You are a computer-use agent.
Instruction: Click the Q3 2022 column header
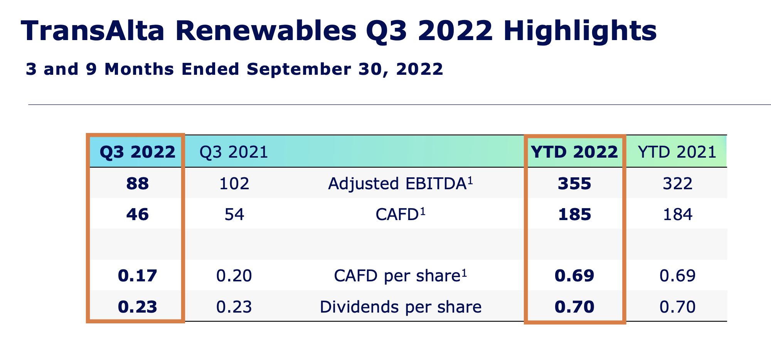(x=137, y=152)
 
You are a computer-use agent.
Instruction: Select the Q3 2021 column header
(x=234, y=152)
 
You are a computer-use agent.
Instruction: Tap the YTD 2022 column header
(x=574, y=152)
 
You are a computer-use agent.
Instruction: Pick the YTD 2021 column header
(x=677, y=152)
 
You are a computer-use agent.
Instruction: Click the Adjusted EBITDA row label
(x=400, y=183)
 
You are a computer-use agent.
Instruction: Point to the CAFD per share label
(x=400, y=276)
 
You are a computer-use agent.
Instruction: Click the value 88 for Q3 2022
(x=137, y=183)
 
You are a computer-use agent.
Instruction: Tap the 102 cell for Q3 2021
(x=234, y=183)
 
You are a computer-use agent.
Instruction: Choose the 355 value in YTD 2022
(x=574, y=183)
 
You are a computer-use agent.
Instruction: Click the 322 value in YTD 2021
(x=677, y=183)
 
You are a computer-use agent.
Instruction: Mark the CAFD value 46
(x=137, y=214)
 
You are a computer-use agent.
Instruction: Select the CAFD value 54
(x=234, y=214)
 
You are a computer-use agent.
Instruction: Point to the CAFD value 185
(x=574, y=214)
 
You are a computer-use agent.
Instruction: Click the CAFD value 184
(x=677, y=214)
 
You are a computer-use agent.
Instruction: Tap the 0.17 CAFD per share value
(x=137, y=276)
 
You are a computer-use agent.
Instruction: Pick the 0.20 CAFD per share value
(x=234, y=276)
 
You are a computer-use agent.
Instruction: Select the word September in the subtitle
(x=299, y=69)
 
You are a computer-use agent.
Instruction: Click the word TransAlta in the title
(x=93, y=31)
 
